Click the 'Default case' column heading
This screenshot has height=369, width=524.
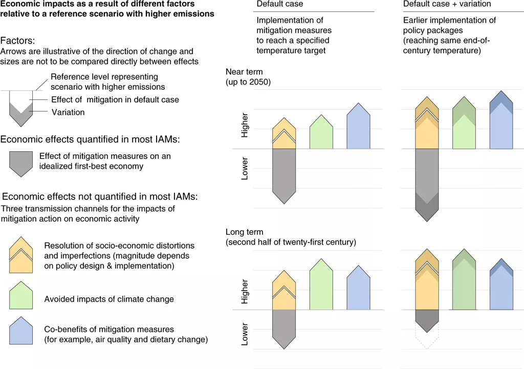click(279, 4)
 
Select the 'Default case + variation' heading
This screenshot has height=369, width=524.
click(447, 4)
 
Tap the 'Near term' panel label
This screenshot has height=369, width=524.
click(244, 72)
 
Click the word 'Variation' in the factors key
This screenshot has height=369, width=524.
click(68, 112)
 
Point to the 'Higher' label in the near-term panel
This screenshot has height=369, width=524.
click(245, 125)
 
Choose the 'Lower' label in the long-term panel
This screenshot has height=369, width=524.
click(245, 334)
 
